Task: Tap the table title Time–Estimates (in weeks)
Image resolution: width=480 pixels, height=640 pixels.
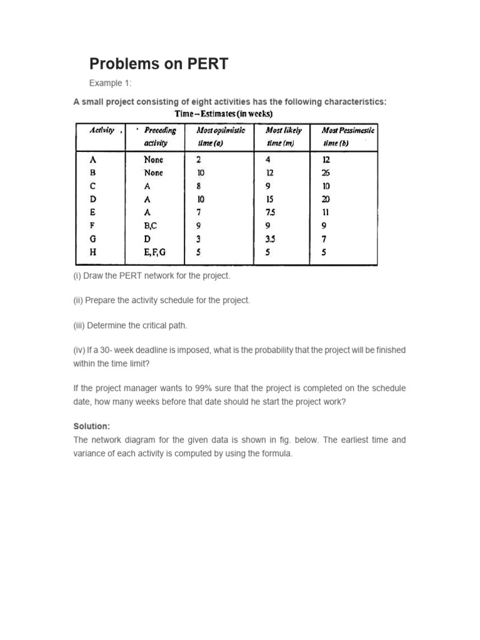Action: coord(223,113)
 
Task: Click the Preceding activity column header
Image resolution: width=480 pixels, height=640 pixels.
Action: coord(159,136)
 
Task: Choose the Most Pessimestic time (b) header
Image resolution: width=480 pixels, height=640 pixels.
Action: coord(347,136)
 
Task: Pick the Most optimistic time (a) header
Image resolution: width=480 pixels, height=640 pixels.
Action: coord(221,136)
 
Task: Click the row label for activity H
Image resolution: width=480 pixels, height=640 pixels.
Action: coord(93,252)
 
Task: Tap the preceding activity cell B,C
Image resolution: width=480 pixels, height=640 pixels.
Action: coord(152,226)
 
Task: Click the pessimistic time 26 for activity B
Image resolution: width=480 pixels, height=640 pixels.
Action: coord(326,173)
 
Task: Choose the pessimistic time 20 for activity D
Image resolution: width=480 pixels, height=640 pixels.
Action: coord(326,200)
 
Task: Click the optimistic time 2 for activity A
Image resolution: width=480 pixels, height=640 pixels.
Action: coord(198,160)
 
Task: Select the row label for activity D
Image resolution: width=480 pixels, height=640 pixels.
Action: coord(93,200)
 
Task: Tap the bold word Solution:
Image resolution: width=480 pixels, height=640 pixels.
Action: coord(91,426)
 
